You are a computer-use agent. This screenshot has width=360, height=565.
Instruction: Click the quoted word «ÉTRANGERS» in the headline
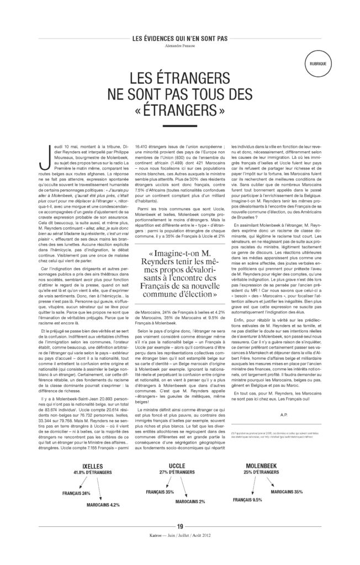(180, 113)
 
